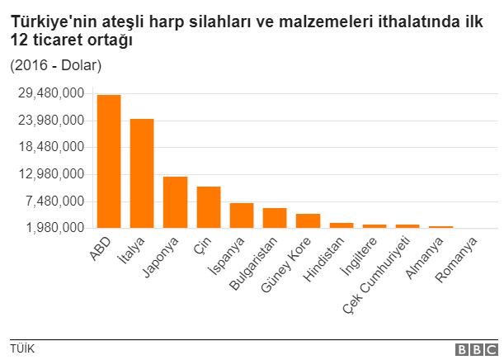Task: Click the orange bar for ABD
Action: pos(109,161)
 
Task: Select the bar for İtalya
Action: pos(142,173)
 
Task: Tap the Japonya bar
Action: pos(175,202)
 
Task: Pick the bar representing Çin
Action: pos(208,207)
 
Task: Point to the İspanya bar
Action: pos(242,216)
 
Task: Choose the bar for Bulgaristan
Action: pos(275,218)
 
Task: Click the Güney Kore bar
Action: pos(308,220)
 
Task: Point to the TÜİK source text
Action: pos(22,348)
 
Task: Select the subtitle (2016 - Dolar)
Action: pos(55,64)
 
